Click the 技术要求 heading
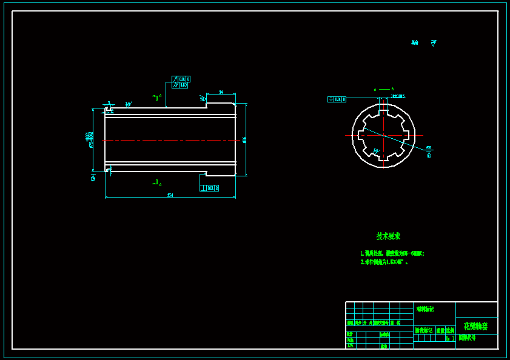pos(388,236)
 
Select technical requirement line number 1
pos(392,253)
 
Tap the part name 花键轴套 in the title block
pos(475,326)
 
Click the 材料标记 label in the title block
pos(424,309)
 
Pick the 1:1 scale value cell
pos(450,338)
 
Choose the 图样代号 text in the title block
pos(467,338)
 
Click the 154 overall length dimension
pos(170,195)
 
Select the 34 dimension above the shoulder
pos(221,92)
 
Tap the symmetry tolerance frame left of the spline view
pos(337,99)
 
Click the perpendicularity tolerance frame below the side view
pos(209,188)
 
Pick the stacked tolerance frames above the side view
pos(181,82)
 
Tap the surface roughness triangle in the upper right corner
pos(434,43)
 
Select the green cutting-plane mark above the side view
pos(156,97)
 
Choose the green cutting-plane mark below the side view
pos(156,182)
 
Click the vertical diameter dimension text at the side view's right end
pos(244,139)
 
